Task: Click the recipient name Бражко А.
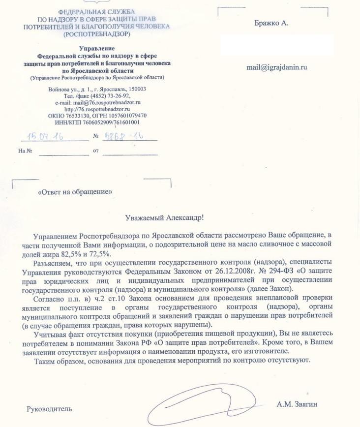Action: [271, 23]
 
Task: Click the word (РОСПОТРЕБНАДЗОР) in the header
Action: [97, 34]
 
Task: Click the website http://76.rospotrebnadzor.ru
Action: [98, 109]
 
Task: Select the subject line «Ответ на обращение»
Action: [75, 191]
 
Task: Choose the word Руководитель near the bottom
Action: [49, 409]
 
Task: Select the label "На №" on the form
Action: [25, 151]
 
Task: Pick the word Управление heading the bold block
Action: [97, 48]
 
